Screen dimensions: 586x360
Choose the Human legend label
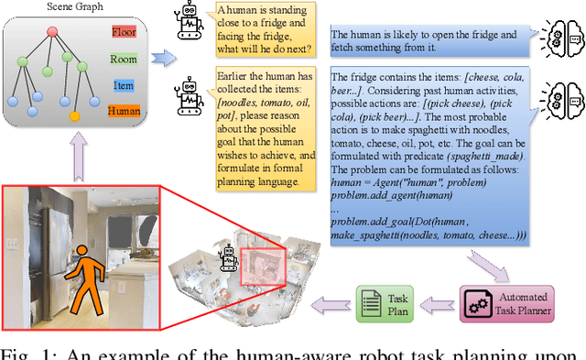(124, 111)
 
